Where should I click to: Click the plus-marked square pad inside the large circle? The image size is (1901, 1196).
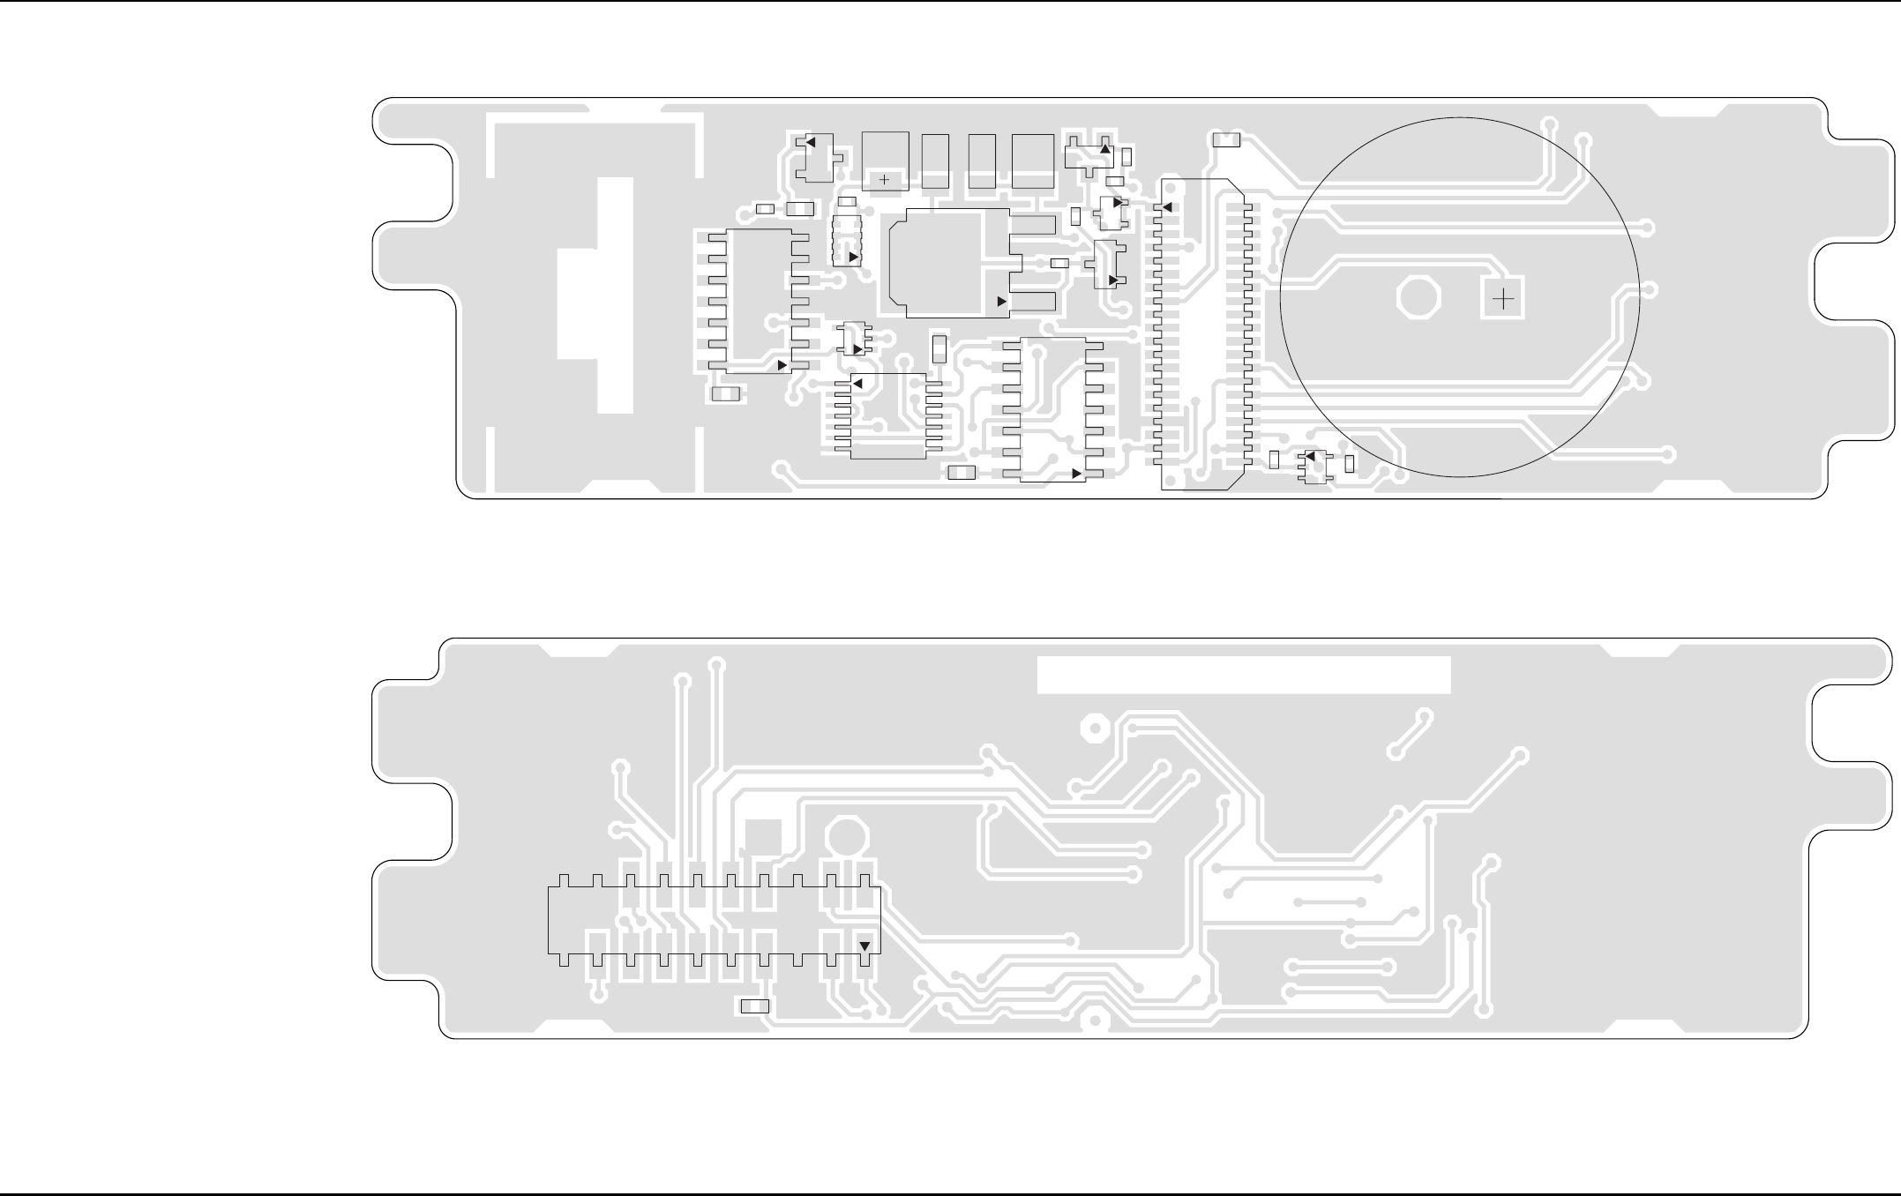point(1503,301)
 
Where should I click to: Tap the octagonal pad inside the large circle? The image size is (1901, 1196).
point(1419,299)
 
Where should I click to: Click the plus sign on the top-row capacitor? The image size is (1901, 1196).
point(885,180)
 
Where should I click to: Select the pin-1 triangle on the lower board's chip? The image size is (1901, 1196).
point(864,946)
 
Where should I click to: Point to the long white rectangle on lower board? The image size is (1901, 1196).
point(1244,675)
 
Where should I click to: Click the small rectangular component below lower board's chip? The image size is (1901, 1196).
point(754,1006)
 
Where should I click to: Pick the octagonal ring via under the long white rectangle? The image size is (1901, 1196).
point(1094,729)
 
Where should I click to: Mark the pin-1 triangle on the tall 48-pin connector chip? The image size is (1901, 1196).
point(1166,208)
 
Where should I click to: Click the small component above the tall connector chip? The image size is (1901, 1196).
point(1226,140)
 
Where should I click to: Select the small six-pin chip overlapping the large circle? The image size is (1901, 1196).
point(1314,466)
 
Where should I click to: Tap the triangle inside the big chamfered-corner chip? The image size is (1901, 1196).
point(1001,302)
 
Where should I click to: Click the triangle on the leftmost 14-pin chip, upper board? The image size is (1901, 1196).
point(782,365)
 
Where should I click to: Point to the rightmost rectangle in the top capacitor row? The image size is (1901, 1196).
point(1033,161)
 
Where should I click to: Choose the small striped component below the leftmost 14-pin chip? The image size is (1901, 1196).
point(726,395)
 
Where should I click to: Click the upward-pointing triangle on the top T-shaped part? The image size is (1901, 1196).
point(1104,149)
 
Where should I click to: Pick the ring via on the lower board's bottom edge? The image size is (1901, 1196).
point(1095,1020)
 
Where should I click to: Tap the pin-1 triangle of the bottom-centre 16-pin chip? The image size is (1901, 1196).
point(1076,475)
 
